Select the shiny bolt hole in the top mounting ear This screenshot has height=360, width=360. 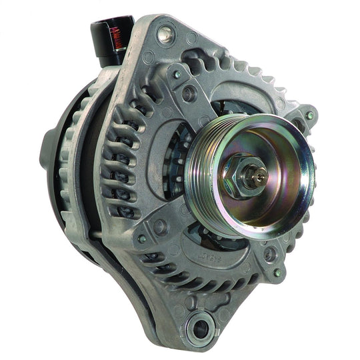click(163, 31)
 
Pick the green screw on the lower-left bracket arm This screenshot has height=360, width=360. click(142, 238)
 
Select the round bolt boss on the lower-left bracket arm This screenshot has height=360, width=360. click(160, 227)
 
